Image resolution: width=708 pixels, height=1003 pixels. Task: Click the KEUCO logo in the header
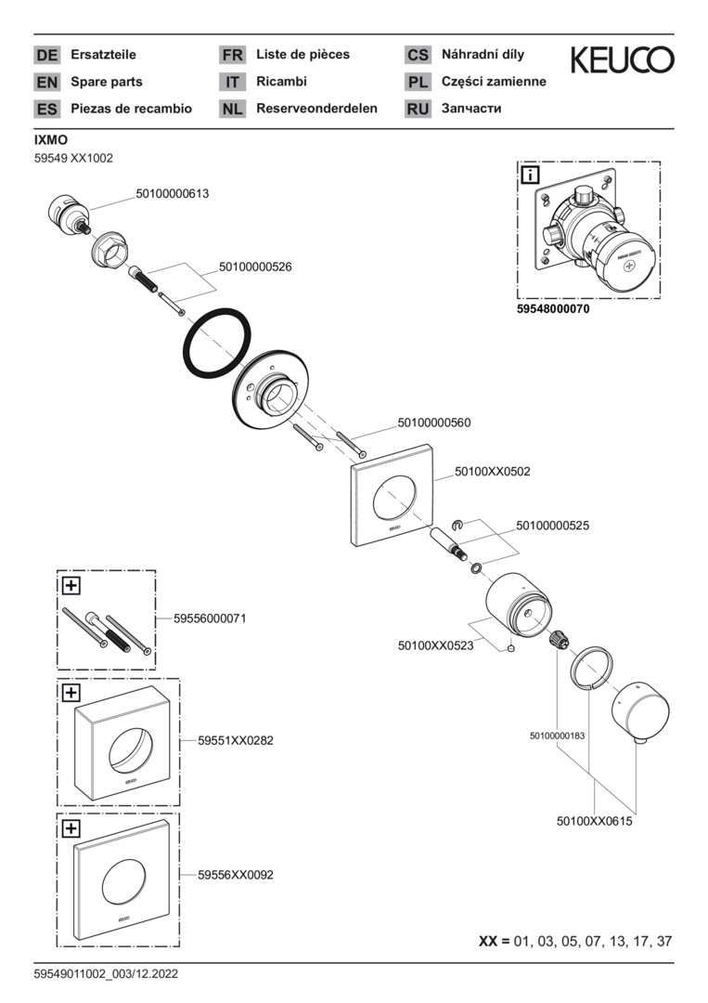(623, 60)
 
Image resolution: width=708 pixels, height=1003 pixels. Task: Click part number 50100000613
(172, 194)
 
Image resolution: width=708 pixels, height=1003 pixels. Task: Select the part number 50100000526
(255, 267)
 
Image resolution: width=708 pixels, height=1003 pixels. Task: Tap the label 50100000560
(434, 423)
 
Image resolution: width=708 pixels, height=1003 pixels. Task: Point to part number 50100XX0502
(492, 472)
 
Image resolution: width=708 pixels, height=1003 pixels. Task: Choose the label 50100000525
(553, 525)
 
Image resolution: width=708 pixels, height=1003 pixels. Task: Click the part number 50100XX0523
(435, 645)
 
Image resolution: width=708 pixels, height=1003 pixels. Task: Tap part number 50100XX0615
(594, 821)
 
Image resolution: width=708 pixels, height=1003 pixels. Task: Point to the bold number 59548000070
(552, 310)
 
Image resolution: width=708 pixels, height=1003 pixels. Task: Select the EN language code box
(46, 82)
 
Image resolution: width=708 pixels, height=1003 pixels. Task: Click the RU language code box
(418, 109)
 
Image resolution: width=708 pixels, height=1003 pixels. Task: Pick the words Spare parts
(106, 82)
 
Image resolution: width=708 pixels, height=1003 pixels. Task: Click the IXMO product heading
(50, 139)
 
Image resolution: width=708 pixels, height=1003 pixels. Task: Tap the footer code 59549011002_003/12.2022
(106, 974)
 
